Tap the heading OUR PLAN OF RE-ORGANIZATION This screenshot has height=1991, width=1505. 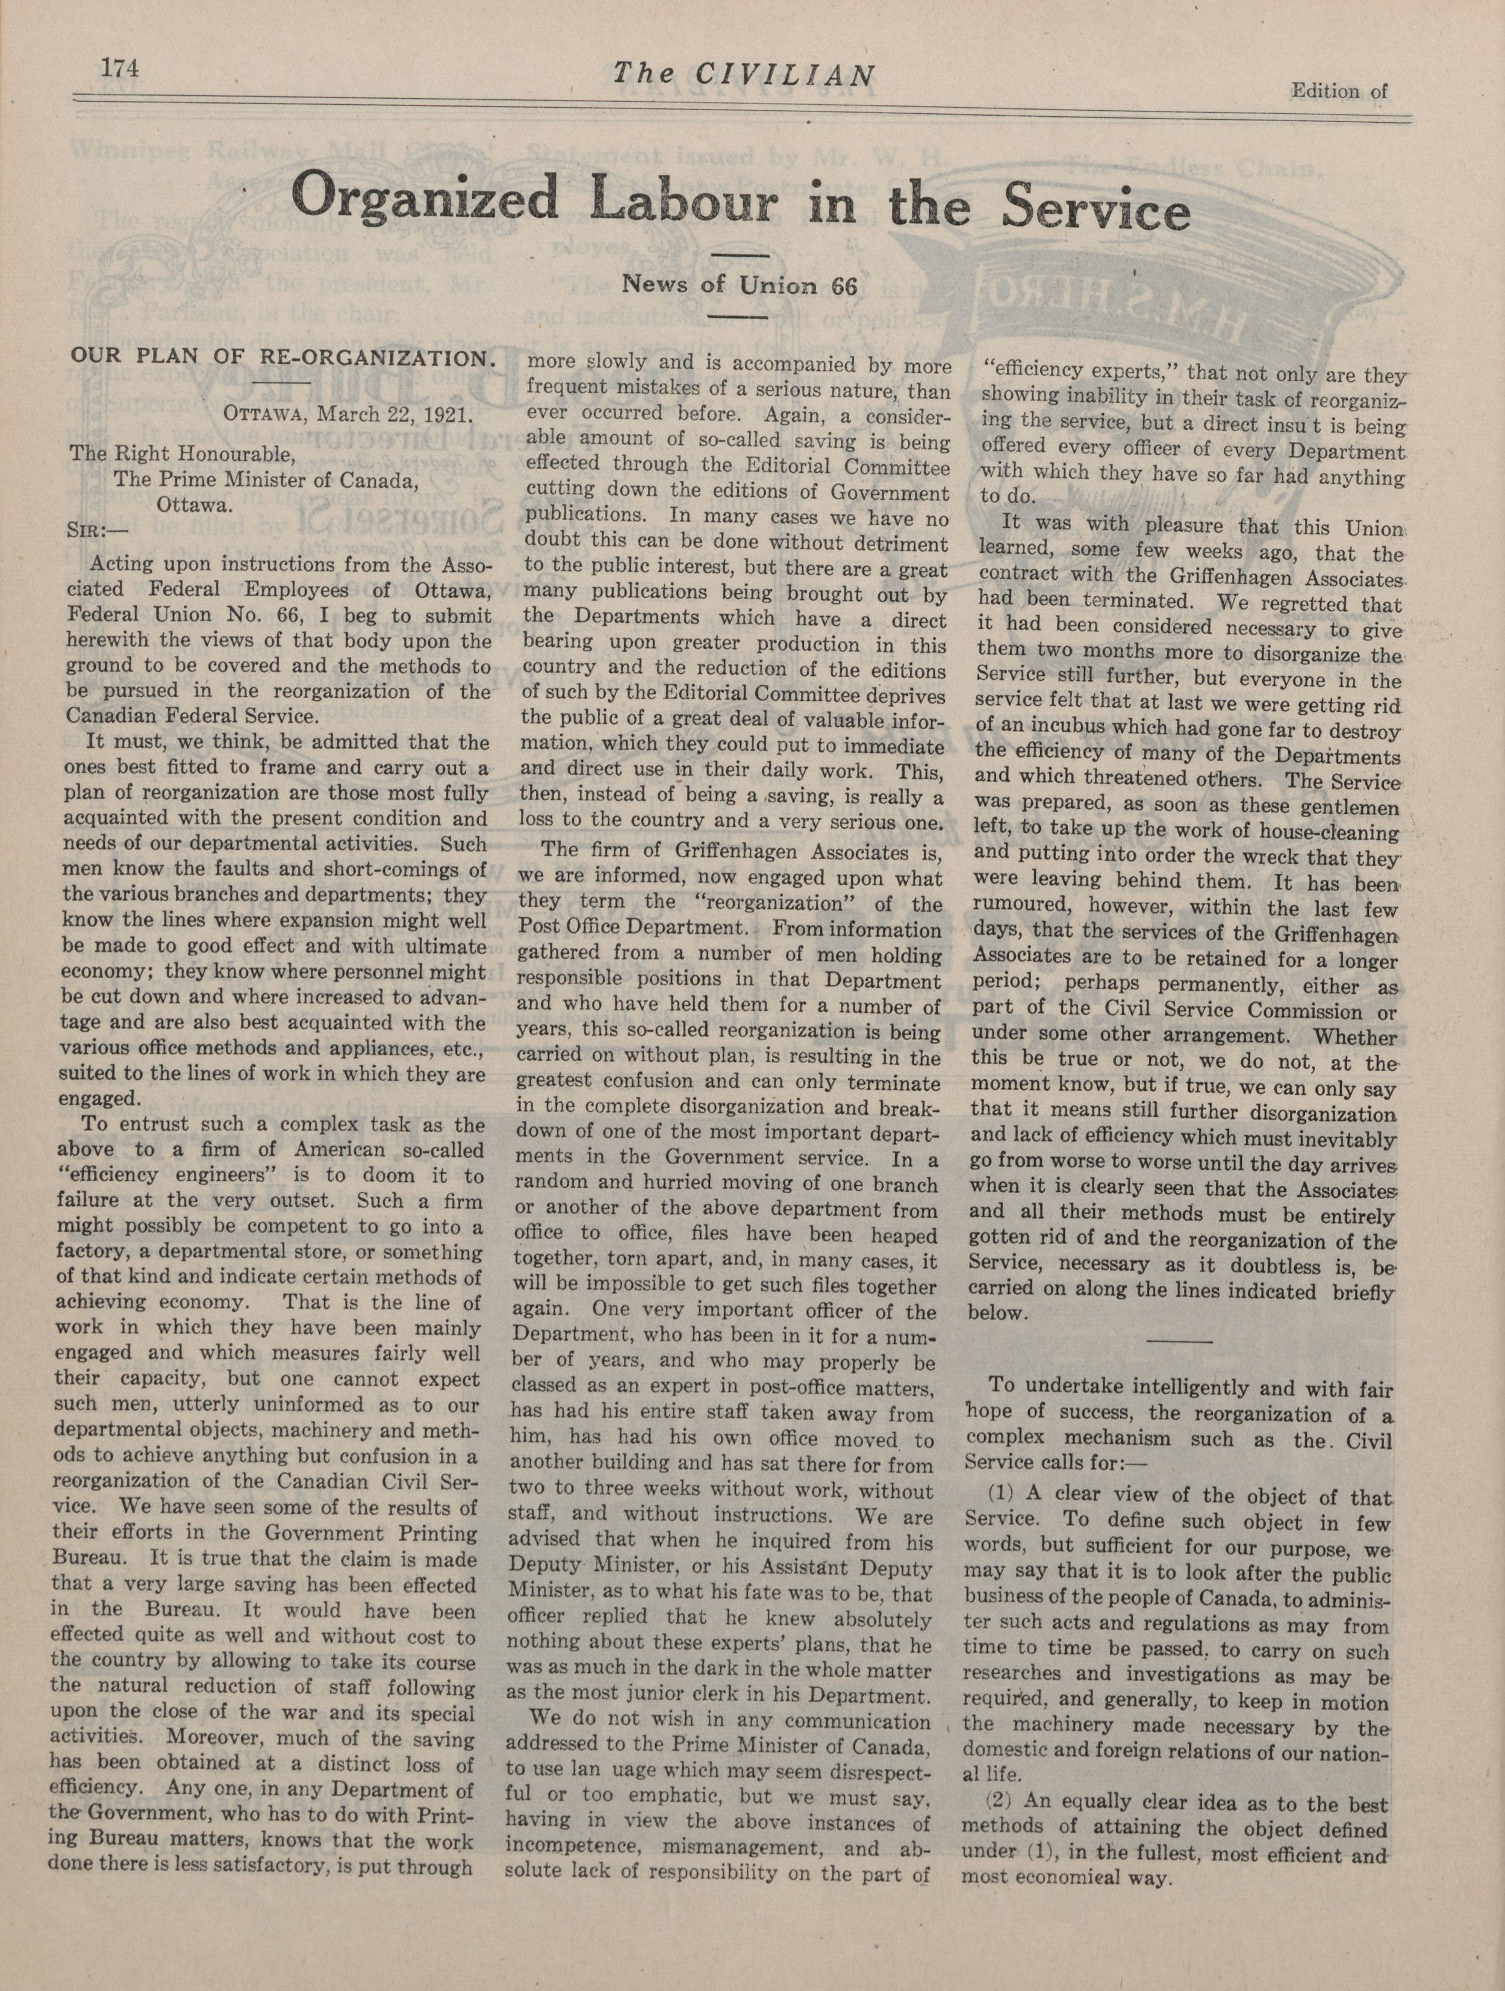pyautogui.click(x=282, y=357)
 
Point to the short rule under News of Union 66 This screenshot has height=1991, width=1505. pyautogui.click(x=737, y=317)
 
